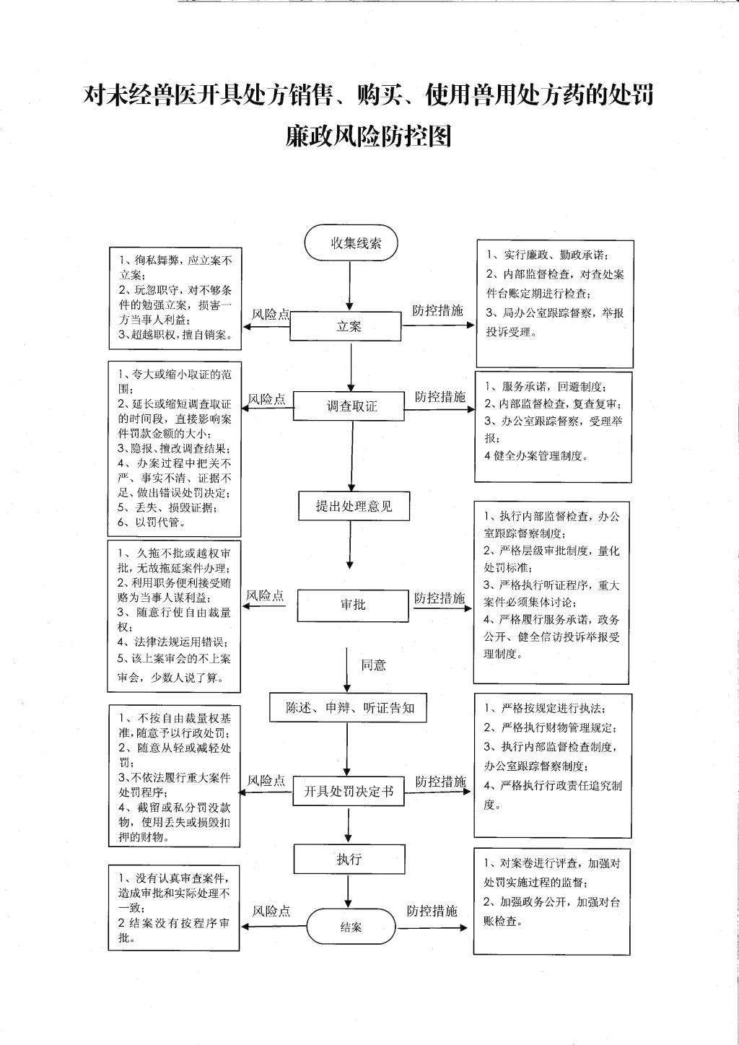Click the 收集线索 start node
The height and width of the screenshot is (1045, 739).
351,242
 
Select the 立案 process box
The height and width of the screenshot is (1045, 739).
345,326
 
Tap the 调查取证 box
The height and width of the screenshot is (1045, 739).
349,406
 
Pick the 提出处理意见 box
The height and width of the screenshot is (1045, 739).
354,506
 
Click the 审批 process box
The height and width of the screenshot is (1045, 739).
353,605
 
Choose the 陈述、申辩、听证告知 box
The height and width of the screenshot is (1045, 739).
348,708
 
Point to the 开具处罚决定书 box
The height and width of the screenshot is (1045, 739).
349,791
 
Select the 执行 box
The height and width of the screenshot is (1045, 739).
349,859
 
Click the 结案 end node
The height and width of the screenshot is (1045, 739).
351,927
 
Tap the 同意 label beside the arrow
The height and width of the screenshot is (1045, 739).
374,665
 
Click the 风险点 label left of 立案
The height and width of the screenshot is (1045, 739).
271,315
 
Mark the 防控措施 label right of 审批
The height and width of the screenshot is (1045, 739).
440,598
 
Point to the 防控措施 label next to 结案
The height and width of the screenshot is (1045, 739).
432,911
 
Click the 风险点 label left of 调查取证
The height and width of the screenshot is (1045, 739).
266,399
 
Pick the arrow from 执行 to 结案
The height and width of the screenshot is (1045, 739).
348,891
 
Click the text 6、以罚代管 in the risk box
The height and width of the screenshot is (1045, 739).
152,522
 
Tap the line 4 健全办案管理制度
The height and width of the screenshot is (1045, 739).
536,456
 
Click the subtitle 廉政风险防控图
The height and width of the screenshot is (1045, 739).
369,136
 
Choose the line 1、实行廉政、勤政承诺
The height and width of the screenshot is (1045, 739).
548,255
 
